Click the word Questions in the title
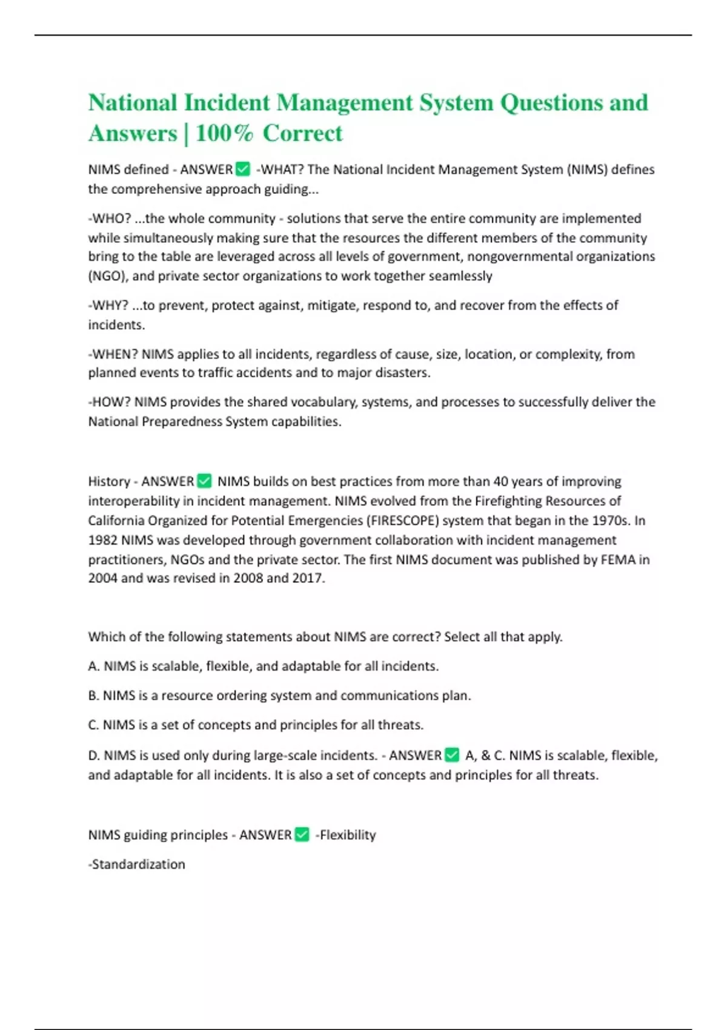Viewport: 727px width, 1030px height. (551, 102)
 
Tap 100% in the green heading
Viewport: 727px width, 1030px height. (224, 133)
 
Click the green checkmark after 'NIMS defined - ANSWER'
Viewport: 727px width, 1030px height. (243, 169)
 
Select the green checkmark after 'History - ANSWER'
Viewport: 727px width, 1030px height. (205, 481)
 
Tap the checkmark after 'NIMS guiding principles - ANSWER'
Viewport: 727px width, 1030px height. (302, 835)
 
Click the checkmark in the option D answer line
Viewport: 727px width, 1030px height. (452, 755)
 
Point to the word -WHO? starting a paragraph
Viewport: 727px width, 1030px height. (110, 218)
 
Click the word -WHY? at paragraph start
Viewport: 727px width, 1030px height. (108, 305)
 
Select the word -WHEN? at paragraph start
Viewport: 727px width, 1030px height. (113, 354)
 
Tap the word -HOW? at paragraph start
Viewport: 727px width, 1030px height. (109, 402)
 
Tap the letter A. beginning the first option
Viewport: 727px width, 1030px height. (94, 666)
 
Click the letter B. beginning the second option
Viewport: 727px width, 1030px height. (93, 696)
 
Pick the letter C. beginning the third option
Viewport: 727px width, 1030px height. (93, 725)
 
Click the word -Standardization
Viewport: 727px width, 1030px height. (137, 864)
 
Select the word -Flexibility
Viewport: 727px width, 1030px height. (346, 835)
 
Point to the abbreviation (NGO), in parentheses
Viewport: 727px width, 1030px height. (108, 276)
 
